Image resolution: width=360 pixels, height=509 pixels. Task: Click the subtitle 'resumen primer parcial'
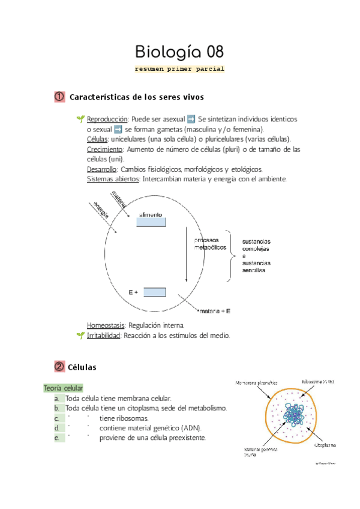180,68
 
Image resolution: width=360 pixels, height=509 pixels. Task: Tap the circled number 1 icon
59,97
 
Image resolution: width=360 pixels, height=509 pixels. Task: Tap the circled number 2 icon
59,366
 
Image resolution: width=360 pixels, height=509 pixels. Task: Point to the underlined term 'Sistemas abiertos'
113,179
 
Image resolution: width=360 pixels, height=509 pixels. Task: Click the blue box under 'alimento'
151,222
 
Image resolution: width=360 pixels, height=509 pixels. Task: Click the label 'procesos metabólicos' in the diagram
209,243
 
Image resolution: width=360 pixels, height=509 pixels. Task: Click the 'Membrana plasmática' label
257,382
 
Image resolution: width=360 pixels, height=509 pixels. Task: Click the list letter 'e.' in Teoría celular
55,438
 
